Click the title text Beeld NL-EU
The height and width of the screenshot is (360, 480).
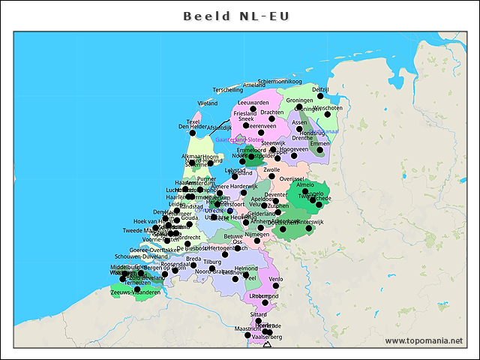tap(239, 15)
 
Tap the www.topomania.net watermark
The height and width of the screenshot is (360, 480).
tap(424, 340)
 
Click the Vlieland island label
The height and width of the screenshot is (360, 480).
tap(208, 103)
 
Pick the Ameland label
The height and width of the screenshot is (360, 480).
tap(253, 85)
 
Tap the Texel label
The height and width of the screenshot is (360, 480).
tap(193, 121)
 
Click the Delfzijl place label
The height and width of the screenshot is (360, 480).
tap(320, 89)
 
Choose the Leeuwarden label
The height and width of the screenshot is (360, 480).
tap(253, 102)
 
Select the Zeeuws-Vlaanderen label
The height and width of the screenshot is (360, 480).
tap(135, 292)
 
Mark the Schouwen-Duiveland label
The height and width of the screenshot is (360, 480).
tap(140, 256)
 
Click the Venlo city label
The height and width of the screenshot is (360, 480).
tap(276, 279)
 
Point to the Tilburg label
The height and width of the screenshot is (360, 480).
tap(213, 262)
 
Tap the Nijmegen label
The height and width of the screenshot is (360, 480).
tap(256, 235)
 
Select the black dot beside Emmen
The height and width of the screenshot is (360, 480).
tap(320, 150)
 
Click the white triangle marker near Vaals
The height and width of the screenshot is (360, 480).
tap(268, 344)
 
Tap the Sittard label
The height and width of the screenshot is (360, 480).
tap(258, 314)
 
